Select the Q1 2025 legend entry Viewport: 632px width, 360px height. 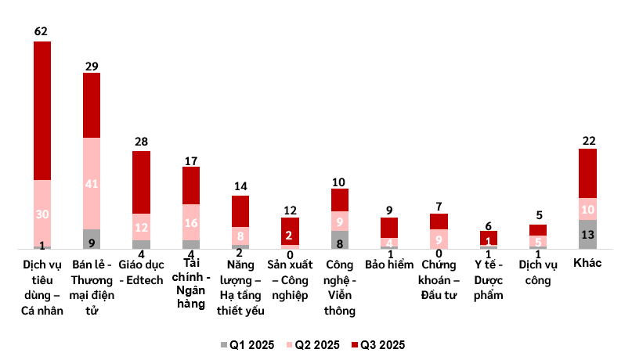coord(246,344)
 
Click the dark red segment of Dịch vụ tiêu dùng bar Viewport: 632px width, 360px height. coord(42,110)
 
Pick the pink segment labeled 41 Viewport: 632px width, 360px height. coord(92,183)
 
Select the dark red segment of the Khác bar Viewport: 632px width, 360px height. coord(587,172)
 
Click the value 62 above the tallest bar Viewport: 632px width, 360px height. coord(42,31)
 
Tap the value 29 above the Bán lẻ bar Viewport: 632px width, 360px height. coord(92,66)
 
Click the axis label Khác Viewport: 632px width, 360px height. coord(587,263)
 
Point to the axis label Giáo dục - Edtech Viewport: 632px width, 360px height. coord(141,272)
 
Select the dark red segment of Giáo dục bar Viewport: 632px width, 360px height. coord(141,182)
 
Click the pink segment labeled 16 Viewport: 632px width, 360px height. coord(191,222)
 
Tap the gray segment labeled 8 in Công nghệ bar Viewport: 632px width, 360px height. coord(339,239)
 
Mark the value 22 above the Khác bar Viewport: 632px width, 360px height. coord(587,140)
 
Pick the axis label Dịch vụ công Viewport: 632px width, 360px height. coord(538,272)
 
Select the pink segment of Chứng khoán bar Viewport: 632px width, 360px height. coord(439,238)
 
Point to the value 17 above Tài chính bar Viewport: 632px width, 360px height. coord(191,160)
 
